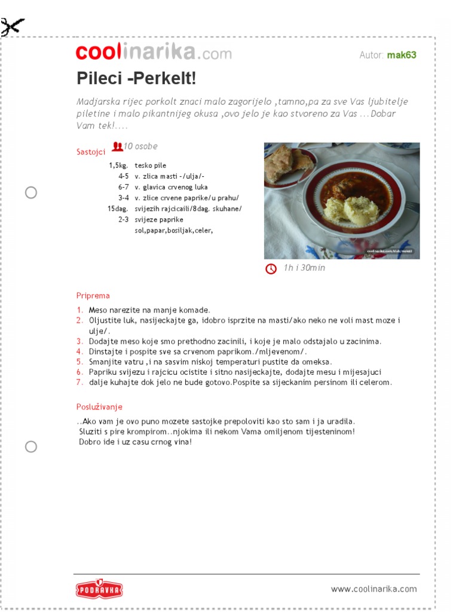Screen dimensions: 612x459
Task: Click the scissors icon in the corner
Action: coord(13,26)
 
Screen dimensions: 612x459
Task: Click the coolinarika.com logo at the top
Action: coord(154,53)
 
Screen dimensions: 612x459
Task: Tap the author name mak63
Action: coord(402,55)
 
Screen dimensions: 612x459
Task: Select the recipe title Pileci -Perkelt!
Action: coord(136,78)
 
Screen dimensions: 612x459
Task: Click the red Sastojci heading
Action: coord(91,152)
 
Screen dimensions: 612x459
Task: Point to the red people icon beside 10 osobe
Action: coord(118,146)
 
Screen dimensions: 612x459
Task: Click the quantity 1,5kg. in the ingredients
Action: coord(118,166)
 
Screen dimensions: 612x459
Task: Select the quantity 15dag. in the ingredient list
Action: coord(118,209)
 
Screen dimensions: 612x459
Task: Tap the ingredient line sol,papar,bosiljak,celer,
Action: coord(174,230)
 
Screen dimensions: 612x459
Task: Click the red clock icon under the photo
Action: coord(271,269)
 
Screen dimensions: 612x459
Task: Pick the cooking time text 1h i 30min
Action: coord(304,268)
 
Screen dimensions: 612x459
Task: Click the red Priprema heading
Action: coord(93,295)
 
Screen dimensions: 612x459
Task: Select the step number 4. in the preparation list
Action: coord(80,351)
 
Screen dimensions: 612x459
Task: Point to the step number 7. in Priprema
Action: coord(80,382)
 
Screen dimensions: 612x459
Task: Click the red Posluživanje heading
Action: coord(99,407)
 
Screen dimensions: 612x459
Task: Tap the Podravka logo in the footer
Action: coord(99,589)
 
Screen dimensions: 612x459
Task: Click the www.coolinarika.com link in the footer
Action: coord(374,589)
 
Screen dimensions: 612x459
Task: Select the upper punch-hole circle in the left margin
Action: coord(31,192)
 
